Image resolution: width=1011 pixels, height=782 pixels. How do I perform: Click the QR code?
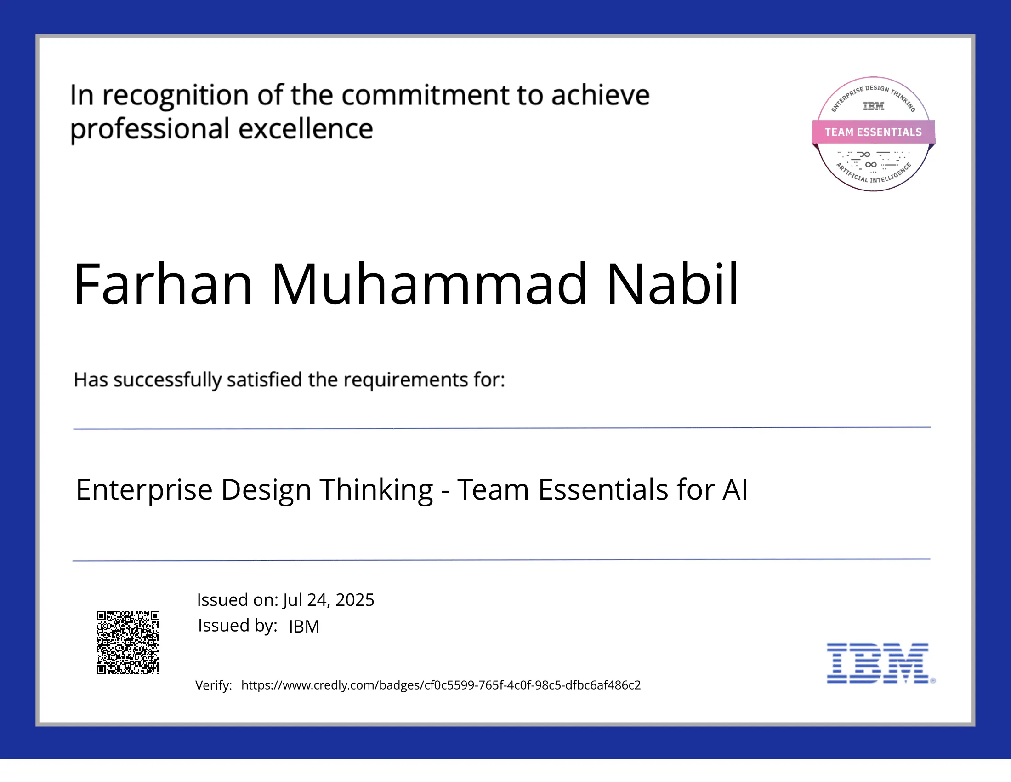click(128, 642)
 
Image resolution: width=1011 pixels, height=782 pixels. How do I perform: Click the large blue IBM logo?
click(878, 663)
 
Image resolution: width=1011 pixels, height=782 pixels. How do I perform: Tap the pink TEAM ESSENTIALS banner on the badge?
click(873, 132)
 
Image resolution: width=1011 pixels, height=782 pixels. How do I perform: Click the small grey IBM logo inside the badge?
click(873, 106)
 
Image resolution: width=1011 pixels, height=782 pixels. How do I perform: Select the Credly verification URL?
click(441, 685)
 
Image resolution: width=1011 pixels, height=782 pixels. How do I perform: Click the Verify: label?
click(213, 685)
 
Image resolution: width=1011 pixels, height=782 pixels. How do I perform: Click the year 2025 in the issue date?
click(355, 600)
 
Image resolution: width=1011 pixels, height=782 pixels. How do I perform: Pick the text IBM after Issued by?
click(304, 627)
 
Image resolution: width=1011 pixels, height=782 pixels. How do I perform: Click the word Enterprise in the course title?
click(144, 490)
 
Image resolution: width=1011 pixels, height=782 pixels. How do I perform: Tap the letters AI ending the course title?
click(735, 490)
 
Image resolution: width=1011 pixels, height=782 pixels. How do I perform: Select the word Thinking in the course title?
click(376, 490)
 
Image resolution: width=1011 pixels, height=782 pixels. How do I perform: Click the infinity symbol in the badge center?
click(871, 165)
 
